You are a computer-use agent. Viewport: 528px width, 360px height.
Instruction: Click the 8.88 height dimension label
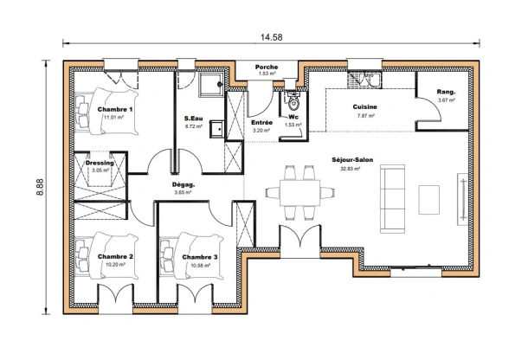click(39, 188)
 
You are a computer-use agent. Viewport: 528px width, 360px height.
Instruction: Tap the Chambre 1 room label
click(114, 110)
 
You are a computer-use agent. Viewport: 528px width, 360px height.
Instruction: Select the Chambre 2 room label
click(114, 257)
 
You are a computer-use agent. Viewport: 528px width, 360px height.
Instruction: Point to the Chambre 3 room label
click(199, 257)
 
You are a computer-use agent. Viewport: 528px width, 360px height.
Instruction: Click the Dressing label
click(100, 162)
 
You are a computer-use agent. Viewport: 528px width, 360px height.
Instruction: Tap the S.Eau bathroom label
click(193, 118)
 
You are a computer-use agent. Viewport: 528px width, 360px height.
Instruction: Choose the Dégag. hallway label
click(183, 184)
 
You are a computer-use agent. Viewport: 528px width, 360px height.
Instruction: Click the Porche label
click(267, 66)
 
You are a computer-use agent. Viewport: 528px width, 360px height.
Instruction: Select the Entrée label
click(261, 123)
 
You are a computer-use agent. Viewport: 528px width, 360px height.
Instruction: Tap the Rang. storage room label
click(446, 92)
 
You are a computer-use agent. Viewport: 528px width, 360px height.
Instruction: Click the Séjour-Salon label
click(351, 160)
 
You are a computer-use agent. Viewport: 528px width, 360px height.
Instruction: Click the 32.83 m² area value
click(351, 169)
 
